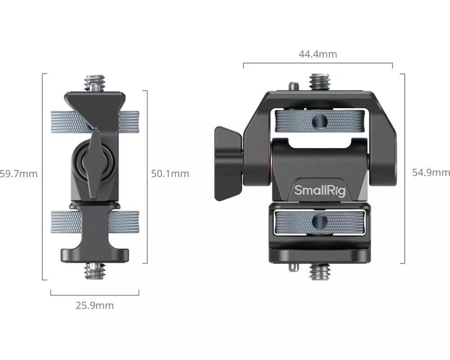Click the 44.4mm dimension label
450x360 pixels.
318,54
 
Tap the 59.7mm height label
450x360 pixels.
18,174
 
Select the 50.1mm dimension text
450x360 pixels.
170,174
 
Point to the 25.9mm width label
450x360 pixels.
94,306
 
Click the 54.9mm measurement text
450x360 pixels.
431,172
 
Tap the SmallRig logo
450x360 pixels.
319,190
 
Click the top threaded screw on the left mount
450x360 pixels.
95,83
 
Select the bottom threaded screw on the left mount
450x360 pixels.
95,271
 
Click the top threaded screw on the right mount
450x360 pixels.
319,82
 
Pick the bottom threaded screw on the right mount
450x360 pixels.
319,272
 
